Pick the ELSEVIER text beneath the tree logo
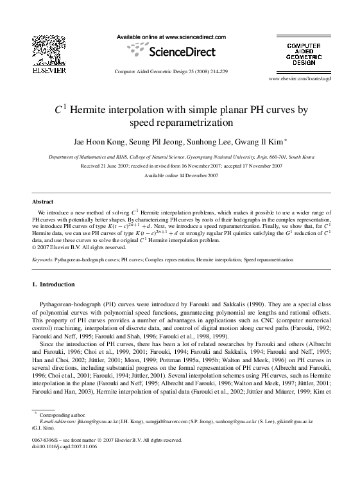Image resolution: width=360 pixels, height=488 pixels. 44,71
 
